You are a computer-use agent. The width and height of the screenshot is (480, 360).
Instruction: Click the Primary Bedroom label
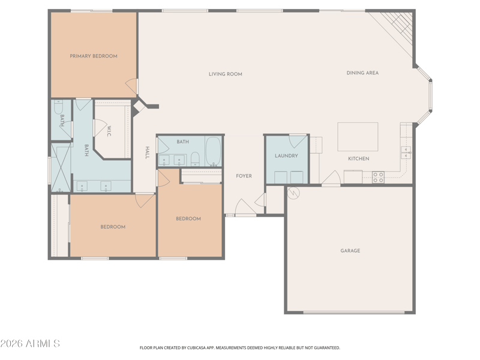pos(94,56)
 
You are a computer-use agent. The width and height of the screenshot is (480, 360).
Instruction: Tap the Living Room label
pos(226,74)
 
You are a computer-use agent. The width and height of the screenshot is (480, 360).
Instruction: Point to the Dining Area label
pos(362,73)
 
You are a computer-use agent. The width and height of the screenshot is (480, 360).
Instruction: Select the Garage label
pos(350,251)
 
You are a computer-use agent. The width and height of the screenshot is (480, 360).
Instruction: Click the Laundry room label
pos(286,156)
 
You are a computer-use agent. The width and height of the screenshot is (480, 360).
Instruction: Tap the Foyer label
pos(244,176)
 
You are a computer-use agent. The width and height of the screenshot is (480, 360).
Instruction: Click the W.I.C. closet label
pos(109,131)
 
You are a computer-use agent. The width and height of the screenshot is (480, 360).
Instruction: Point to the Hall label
pos(147,152)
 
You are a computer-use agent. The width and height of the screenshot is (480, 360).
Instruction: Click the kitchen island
pos(358,137)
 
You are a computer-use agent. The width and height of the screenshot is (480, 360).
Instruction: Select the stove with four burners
pos(378,177)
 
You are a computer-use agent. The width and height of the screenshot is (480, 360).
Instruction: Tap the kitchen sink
pos(406,152)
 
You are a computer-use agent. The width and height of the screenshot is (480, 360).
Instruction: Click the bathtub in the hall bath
pos(213,151)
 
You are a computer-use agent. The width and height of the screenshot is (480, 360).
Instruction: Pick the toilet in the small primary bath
pos(58,107)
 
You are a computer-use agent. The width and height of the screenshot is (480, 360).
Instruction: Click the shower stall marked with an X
pos(61,168)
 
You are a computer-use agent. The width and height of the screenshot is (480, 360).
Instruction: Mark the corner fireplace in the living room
pos(139,107)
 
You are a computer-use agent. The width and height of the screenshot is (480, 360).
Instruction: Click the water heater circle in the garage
pos(293,193)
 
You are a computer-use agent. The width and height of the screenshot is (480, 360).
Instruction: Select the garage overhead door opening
pos(354,313)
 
